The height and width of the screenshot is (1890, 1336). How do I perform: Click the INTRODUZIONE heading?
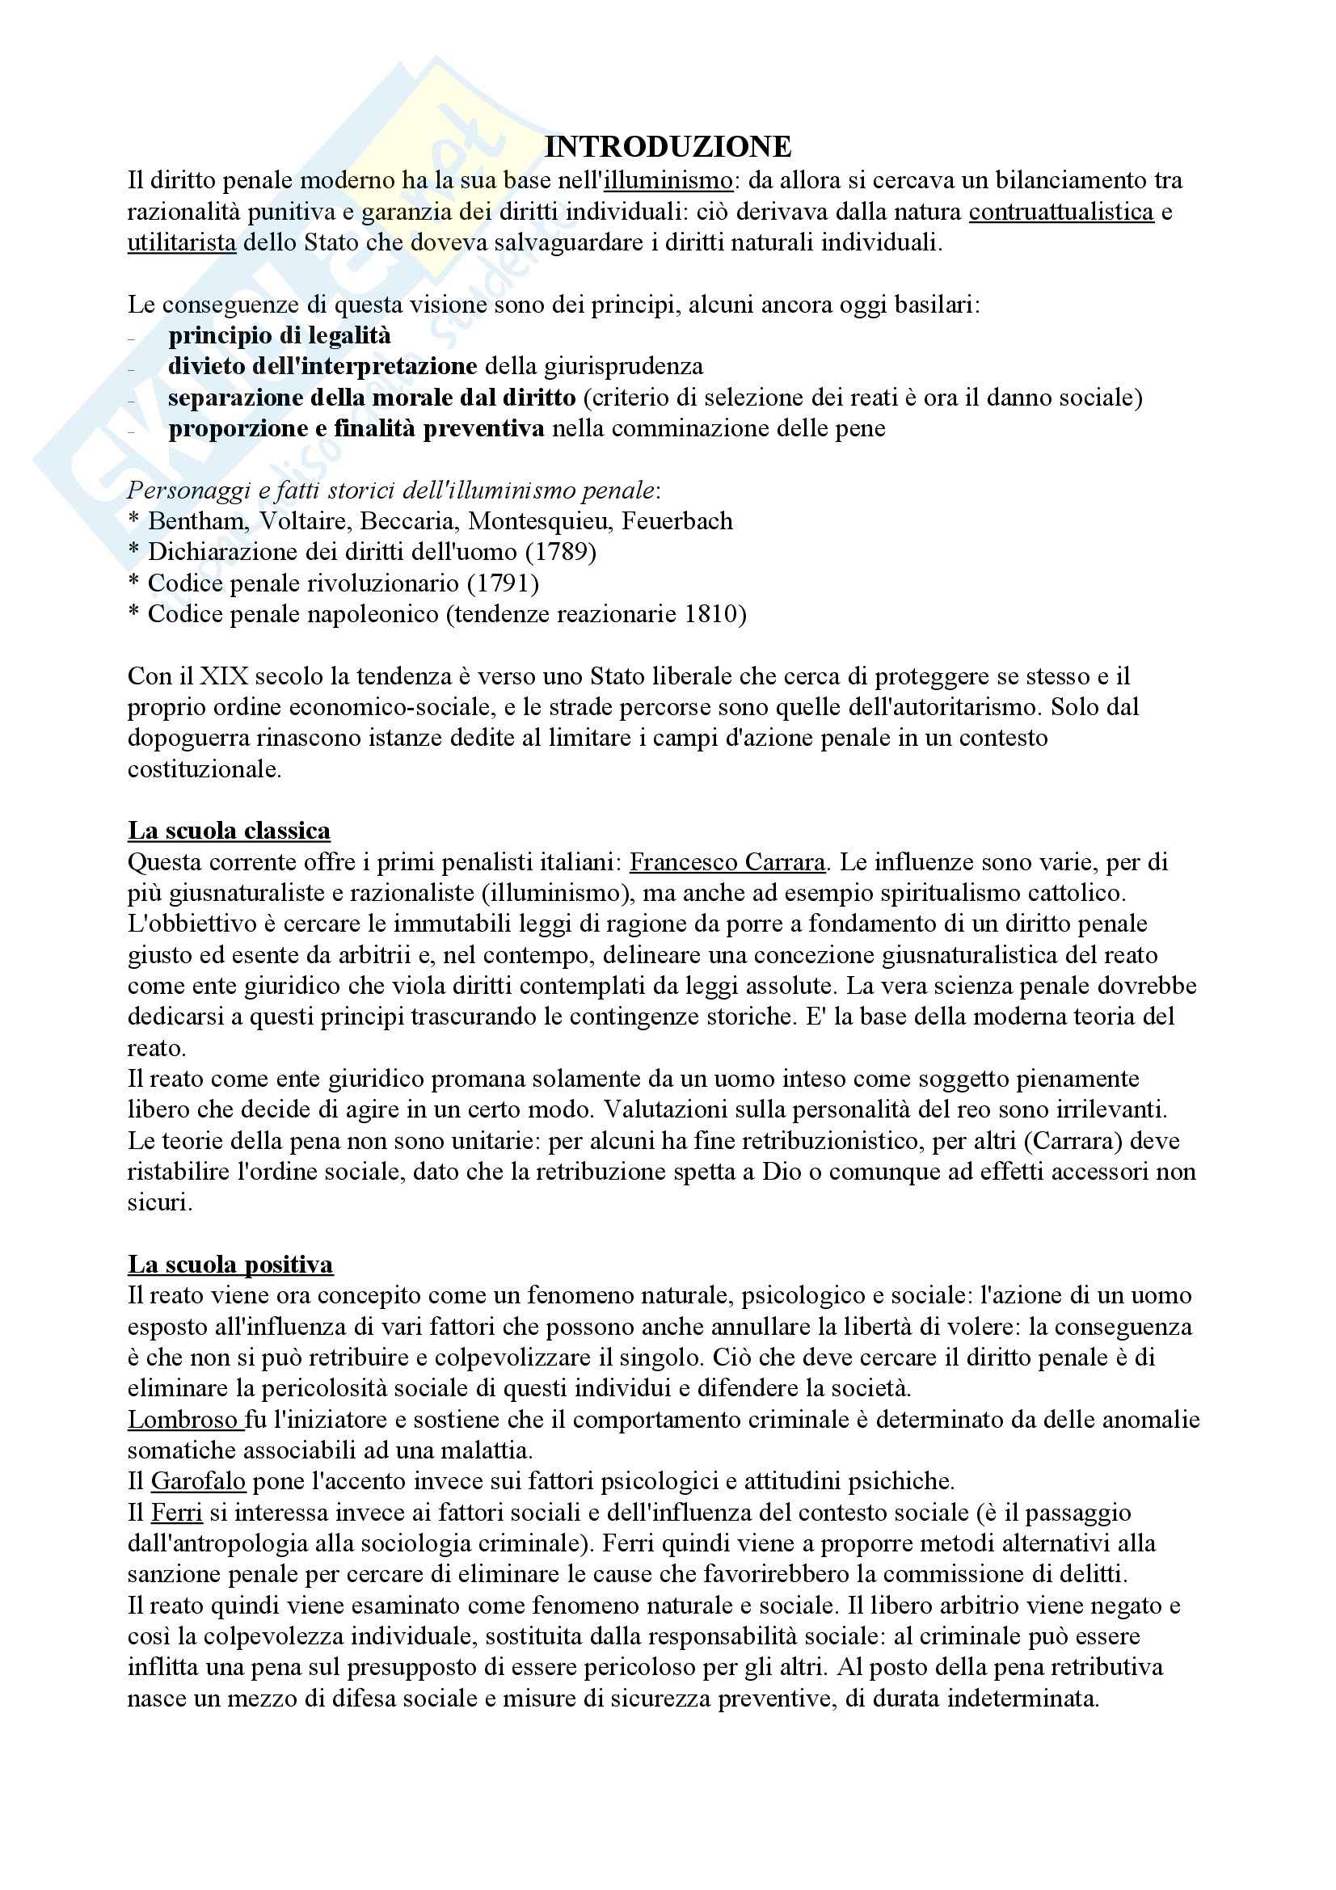point(668,146)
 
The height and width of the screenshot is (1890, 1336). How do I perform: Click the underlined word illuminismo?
point(668,180)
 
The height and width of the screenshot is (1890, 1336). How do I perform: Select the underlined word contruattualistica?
point(1061,212)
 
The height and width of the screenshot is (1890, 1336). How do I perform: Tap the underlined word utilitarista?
point(181,243)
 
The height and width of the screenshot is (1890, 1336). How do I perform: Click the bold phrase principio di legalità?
point(280,336)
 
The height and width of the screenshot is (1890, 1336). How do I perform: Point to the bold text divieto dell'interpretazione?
point(322,366)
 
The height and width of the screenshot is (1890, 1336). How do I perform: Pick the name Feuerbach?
point(676,521)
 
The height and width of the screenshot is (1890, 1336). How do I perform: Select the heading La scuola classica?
point(229,831)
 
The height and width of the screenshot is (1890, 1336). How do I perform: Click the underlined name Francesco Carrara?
point(727,862)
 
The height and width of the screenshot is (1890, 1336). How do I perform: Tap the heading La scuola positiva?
point(230,1265)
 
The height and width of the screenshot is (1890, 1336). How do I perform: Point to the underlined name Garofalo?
point(197,1482)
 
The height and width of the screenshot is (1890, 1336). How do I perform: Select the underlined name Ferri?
point(176,1512)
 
